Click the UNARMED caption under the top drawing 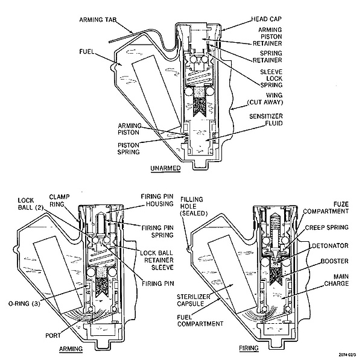click(165, 168)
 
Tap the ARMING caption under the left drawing click(71, 349)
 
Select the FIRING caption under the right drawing click(249, 348)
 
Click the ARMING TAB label click(98, 20)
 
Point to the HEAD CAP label click(267, 19)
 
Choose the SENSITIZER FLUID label click(266, 119)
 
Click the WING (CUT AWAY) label click(265, 98)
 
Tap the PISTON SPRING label click(129, 148)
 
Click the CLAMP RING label click(59, 200)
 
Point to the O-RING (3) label click(24, 303)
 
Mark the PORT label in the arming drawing click(53, 335)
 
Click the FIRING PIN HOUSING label click(157, 200)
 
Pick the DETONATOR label click(330, 245)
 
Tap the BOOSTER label click(334, 261)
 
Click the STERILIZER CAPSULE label click(194, 300)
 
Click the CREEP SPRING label click(326, 227)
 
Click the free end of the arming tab click(110, 42)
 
